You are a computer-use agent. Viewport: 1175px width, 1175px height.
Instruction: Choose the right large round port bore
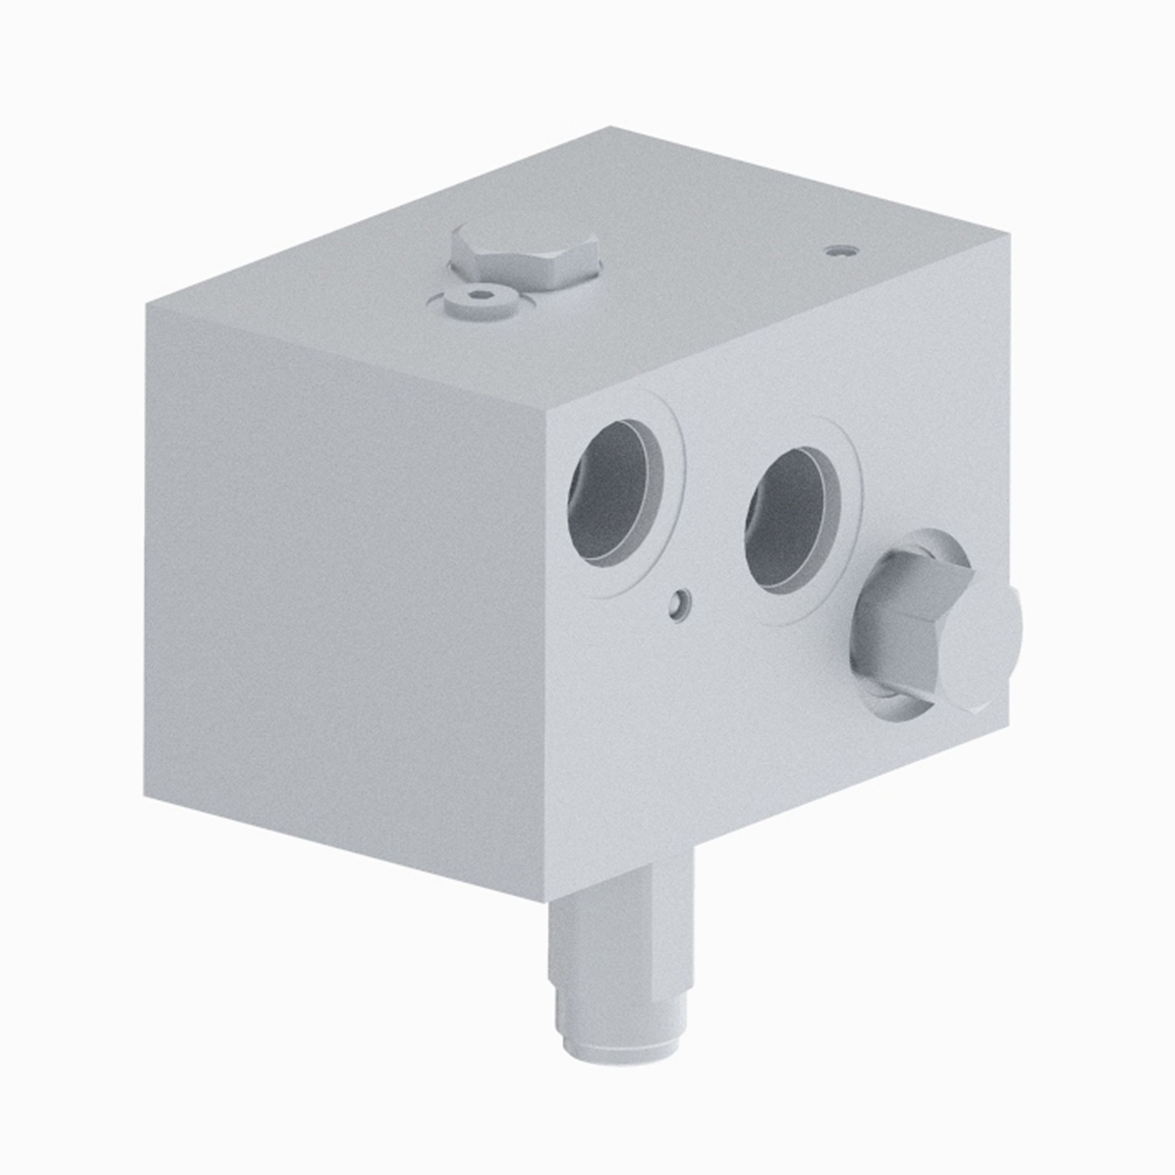tap(792, 521)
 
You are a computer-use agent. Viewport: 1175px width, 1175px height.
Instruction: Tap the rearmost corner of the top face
tap(611, 127)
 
